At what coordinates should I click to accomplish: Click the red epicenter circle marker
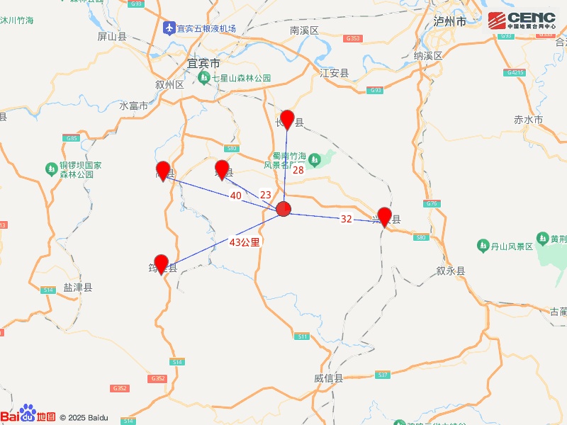click(283, 209)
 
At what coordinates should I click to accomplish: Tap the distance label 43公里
click(245, 242)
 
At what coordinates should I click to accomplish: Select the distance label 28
click(298, 170)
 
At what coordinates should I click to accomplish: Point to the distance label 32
click(346, 219)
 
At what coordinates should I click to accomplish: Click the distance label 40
click(236, 195)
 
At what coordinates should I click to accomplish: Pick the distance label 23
click(266, 195)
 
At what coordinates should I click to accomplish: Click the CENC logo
click(522, 21)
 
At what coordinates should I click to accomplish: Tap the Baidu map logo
click(28, 416)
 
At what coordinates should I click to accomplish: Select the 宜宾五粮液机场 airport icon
click(169, 28)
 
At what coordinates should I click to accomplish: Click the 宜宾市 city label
click(203, 64)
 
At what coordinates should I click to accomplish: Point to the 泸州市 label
click(450, 22)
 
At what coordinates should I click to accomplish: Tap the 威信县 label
click(328, 378)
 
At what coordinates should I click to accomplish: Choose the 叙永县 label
click(450, 271)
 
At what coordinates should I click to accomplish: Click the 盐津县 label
click(78, 288)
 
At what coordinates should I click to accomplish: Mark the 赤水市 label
click(528, 120)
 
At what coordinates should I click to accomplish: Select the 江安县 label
click(335, 73)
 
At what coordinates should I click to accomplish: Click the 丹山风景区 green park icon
click(484, 246)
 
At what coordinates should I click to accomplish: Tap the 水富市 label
click(133, 106)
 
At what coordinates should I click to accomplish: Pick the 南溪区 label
click(305, 30)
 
